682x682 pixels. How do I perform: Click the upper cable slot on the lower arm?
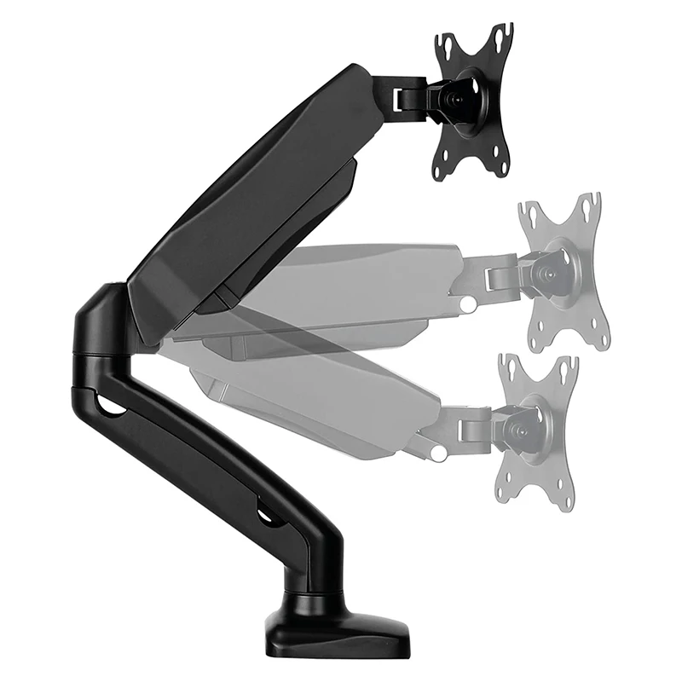[x=108, y=405]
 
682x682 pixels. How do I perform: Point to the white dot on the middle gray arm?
[x=468, y=303]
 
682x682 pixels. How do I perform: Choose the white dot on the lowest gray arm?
[x=438, y=454]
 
